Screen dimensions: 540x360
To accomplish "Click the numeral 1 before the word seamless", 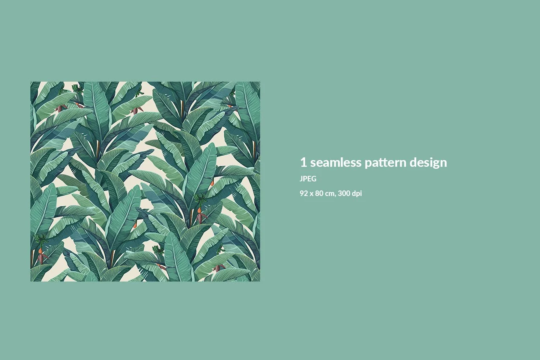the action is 304,162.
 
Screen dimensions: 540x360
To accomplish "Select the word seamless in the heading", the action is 336,162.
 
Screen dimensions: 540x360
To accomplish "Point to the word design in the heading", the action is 428,162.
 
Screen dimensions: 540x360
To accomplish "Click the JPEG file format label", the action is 308,179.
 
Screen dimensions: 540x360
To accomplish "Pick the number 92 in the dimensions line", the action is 304,193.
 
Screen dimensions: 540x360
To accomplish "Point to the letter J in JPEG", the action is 302,179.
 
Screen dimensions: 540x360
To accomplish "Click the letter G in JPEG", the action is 314,179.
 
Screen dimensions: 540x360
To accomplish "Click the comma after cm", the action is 335,196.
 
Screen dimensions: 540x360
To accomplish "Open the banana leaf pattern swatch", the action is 145,181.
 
